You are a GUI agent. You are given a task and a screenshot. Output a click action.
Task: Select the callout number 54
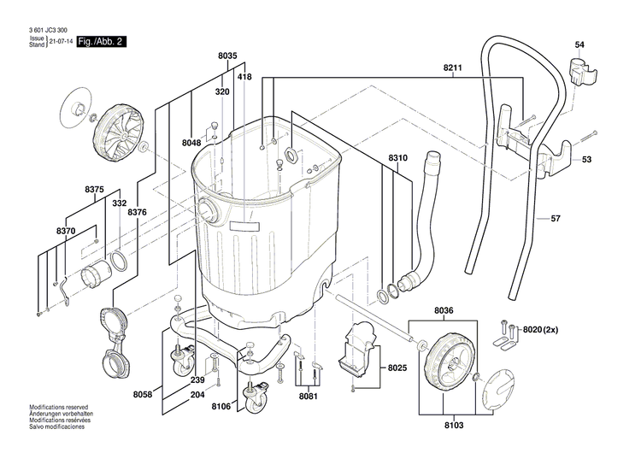click(579, 44)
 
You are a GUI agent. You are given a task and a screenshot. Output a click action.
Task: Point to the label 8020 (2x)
click(538, 329)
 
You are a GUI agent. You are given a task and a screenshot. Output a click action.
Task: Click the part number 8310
click(398, 158)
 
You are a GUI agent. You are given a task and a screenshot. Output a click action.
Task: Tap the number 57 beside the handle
click(555, 220)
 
